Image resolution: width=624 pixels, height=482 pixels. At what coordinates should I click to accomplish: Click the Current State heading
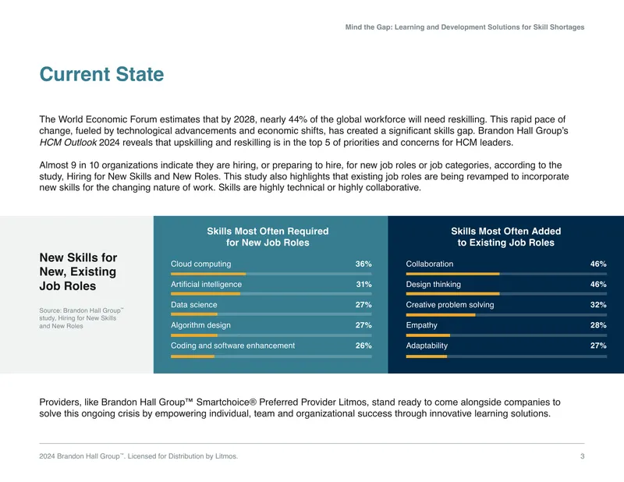tap(101, 74)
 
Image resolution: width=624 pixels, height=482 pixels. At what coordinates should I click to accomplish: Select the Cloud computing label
tap(201, 264)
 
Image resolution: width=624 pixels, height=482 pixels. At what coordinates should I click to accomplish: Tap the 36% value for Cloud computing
tap(363, 264)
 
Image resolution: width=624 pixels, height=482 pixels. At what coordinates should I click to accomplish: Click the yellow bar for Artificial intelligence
tap(205, 294)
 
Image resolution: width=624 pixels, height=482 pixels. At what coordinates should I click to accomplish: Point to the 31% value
tap(363, 284)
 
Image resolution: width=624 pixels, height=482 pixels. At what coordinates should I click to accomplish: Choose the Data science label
tap(193, 304)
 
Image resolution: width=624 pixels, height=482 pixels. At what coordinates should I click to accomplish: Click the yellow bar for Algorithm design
tap(194, 335)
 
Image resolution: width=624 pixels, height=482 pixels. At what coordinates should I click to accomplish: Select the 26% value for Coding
tap(363, 346)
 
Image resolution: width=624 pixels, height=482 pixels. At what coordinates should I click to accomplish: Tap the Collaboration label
tap(430, 264)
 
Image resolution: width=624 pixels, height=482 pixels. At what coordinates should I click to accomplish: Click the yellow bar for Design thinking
tap(453, 294)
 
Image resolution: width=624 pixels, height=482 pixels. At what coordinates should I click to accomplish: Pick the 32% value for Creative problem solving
tap(598, 304)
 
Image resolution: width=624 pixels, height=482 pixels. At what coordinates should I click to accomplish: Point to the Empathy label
tap(421, 325)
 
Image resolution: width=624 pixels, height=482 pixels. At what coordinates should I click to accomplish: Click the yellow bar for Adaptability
tap(427, 356)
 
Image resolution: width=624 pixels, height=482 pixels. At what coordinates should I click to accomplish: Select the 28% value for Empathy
tap(598, 325)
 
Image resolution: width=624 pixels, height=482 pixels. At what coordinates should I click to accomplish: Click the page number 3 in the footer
tap(582, 456)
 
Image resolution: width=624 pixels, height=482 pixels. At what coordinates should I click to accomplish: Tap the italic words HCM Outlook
tap(68, 143)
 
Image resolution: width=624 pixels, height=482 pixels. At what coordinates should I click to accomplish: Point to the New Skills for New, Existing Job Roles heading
tap(78, 271)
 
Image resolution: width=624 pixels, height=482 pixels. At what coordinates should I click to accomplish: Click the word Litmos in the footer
tap(226, 456)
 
